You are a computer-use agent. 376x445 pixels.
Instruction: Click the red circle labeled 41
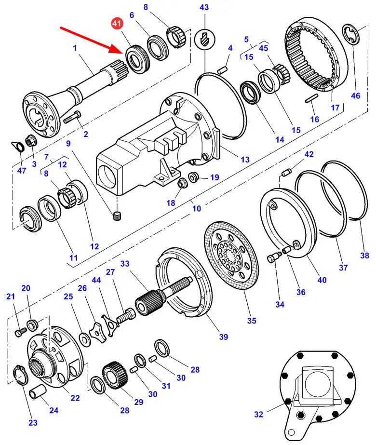coord(117,24)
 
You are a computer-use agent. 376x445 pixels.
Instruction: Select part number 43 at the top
coord(204,7)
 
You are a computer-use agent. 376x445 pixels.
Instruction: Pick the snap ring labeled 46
coord(351,34)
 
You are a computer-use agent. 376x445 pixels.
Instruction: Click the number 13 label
coord(245,159)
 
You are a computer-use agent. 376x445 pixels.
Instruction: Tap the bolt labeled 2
coord(72,117)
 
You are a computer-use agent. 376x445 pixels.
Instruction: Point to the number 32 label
coord(258,414)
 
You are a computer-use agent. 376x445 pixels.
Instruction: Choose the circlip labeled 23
coord(21,375)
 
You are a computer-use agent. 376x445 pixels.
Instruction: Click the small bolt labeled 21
coord(20,332)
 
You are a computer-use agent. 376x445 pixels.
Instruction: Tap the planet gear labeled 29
coord(115,376)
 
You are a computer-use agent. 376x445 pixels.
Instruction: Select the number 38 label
coord(364,256)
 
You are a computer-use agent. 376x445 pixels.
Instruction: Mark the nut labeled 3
coord(30,141)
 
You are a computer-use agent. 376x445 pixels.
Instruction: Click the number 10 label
coord(197,209)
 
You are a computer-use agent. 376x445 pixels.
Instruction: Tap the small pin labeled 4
coord(222,70)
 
